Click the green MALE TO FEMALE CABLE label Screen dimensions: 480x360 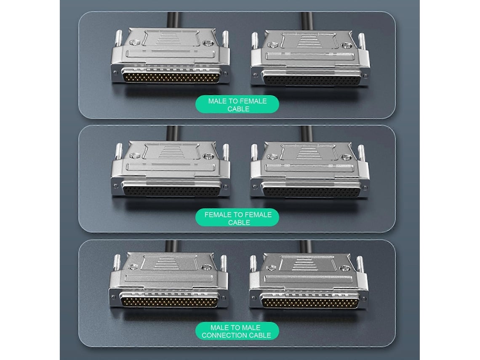pos(237,104)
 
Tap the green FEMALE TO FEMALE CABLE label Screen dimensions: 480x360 pos(237,218)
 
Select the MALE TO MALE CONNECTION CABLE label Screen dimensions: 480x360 pos(237,331)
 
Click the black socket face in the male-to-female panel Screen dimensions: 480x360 pos(312,78)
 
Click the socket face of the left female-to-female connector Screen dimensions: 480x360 pos(171,189)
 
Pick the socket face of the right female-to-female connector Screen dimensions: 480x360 pos(312,190)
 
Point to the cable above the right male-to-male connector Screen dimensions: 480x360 pos(305,247)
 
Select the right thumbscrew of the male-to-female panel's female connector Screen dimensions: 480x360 pos(361,41)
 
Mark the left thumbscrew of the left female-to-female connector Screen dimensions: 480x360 pos(119,152)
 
